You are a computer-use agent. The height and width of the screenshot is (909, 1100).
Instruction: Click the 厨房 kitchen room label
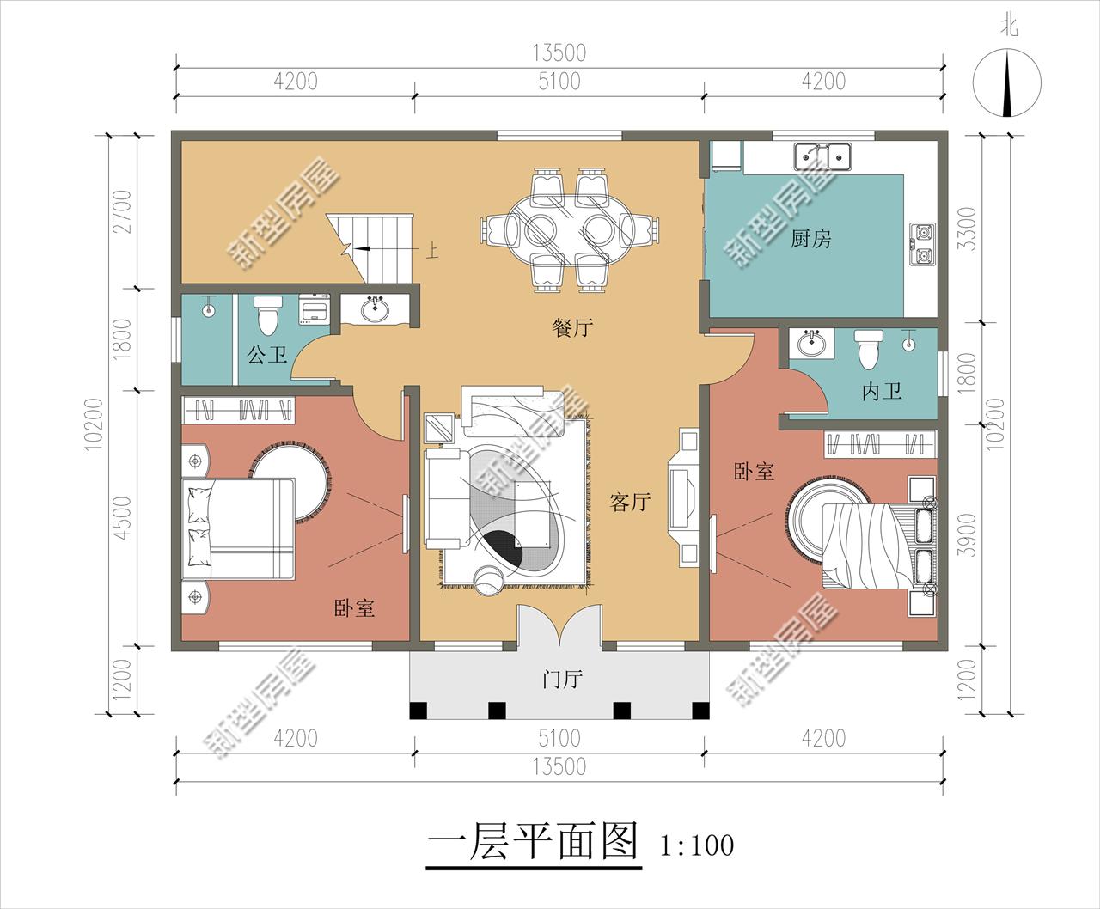[810, 238]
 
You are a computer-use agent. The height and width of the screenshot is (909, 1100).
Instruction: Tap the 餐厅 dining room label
[572, 327]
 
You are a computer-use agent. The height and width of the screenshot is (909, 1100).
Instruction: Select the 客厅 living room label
[629, 503]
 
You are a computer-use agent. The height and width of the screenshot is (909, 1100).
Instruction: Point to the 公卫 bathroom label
[267, 354]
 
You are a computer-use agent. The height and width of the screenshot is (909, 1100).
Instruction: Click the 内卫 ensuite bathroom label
[882, 392]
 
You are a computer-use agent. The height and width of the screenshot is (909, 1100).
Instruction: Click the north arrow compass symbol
[1007, 83]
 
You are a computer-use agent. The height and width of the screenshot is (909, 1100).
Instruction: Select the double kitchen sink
[822, 156]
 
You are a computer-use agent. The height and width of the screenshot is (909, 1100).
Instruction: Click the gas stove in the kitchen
[923, 243]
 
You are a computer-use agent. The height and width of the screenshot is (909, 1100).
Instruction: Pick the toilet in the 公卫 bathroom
[268, 314]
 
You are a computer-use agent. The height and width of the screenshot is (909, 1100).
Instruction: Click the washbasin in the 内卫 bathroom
[810, 345]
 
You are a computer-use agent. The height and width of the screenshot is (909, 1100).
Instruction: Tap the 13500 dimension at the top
[559, 53]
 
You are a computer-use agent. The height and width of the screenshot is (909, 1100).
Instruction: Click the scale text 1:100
[697, 845]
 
